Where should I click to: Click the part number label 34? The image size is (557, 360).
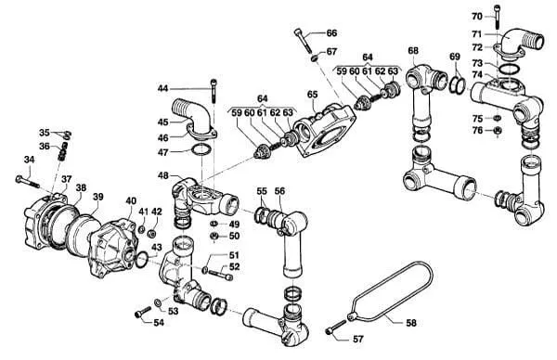[29, 160]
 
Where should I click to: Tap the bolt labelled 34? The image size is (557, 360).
[27, 182]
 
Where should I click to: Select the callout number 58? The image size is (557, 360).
[411, 323]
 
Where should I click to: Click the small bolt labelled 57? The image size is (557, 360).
[335, 327]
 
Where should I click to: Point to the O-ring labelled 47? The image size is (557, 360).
[201, 150]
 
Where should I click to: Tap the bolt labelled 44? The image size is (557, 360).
[214, 90]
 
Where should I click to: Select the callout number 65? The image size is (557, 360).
[312, 95]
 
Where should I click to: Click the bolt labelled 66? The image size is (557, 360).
[303, 41]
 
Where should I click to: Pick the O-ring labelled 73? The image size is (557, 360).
[509, 69]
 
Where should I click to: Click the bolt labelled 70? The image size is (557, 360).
[497, 17]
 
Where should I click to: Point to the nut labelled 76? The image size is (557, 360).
[498, 131]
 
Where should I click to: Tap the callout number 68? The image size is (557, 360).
[413, 51]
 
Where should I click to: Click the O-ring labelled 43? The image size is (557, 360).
[142, 259]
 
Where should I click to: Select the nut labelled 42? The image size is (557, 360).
[152, 234]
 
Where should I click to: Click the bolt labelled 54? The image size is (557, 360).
[142, 313]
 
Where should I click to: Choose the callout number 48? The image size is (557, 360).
[163, 175]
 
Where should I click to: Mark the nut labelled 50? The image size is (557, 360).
[214, 236]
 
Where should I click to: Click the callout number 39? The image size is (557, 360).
[97, 197]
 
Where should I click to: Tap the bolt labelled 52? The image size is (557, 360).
[220, 275]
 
